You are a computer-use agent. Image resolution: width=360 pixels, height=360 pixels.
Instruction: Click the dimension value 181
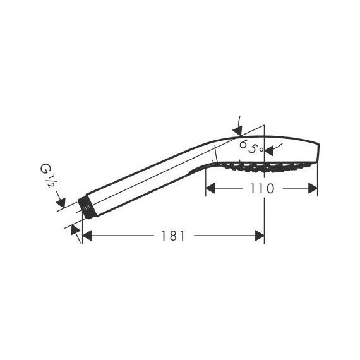pyautogui.click(x=172, y=236)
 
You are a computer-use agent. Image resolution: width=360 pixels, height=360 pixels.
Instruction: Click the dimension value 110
pyautogui.click(x=261, y=188)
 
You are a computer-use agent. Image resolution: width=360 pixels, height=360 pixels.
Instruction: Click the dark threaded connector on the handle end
pyautogui.click(x=85, y=208)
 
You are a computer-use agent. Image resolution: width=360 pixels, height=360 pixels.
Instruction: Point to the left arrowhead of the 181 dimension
pyautogui.click(x=87, y=236)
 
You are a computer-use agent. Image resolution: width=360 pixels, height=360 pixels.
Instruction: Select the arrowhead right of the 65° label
pyautogui.click(x=267, y=150)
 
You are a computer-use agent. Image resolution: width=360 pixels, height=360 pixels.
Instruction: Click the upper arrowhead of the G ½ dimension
pyautogui.click(x=61, y=203)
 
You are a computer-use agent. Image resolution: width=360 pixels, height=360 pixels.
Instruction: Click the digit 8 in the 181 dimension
pyautogui.click(x=172, y=236)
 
